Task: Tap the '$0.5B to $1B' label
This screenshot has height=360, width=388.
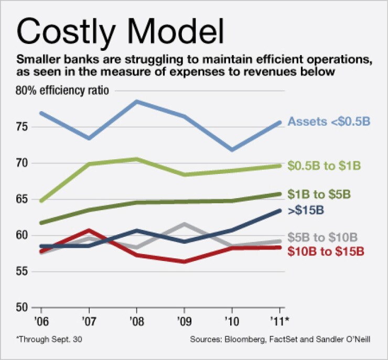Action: pyautogui.click(x=324, y=166)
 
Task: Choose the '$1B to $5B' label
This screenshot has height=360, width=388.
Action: pyautogui.click(x=319, y=194)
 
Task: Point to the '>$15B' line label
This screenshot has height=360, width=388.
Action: pyautogui.click(x=306, y=211)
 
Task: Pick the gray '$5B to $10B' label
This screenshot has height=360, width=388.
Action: pyautogui.click(x=322, y=237)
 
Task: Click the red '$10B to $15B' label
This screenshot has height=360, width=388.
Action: pyautogui.click(x=326, y=251)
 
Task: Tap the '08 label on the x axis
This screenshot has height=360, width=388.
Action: pyautogui.click(x=137, y=320)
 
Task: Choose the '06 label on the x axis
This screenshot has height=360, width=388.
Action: pyautogui.click(x=41, y=320)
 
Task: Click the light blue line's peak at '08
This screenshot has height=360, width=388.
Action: pyautogui.click(x=137, y=101)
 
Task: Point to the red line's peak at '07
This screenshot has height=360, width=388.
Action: pyautogui.click(x=89, y=230)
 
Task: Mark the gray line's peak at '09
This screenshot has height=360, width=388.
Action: pyautogui.click(x=184, y=224)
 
